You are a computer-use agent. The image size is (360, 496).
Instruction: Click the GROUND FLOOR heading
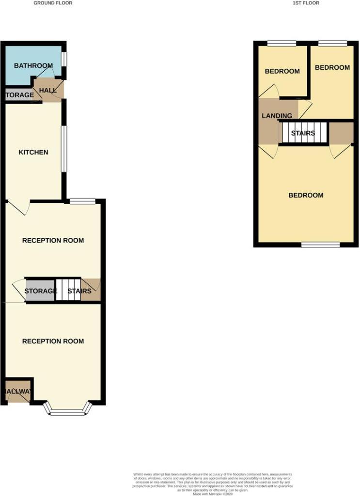click(53, 3)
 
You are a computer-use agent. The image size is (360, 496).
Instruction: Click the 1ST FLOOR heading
click(306, 3)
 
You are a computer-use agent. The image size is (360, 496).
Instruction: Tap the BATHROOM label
click(33, 66)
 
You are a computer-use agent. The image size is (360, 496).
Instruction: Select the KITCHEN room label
click(33, 152)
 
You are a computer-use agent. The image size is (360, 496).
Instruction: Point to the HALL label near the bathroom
click(48, 91)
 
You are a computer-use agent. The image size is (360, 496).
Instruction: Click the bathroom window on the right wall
click(64, 59)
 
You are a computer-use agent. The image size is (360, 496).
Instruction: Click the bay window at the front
click(68, 412)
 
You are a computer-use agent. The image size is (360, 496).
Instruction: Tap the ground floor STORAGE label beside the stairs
click(41, 291)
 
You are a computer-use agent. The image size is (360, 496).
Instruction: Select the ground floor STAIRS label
click(79, 291)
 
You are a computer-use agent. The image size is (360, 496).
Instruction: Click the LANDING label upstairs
click(277, 116)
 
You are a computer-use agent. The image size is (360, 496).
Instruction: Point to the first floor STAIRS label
click(303, 133)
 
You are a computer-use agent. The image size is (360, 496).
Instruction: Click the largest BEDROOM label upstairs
click(306, 195)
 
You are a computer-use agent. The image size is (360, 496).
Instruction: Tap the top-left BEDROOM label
click(282, 71)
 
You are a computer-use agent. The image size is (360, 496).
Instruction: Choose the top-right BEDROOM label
click(332, 67)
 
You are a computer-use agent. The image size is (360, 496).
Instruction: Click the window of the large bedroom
click(320, 245)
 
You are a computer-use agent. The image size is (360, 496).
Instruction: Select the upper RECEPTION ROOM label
click(53, 240)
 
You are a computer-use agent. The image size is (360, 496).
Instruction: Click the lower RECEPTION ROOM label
click(53, 341)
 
